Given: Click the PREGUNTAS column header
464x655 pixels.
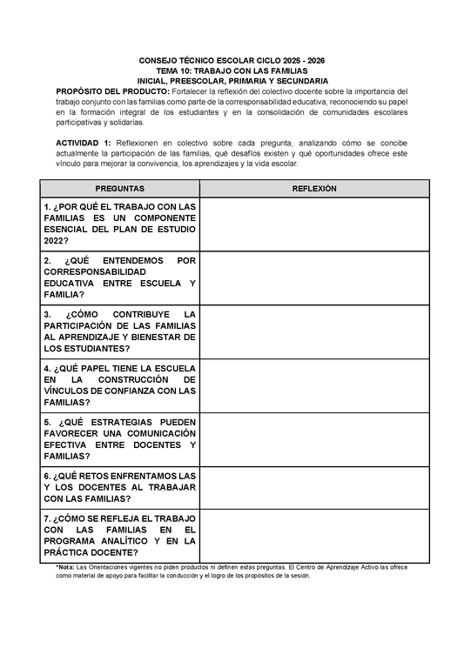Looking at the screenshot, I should point(119,188).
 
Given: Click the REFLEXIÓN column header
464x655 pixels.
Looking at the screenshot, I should point(314,188).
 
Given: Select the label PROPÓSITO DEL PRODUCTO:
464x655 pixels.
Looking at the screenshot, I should point(113,90).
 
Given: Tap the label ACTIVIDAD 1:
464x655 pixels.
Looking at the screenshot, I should point(83,142).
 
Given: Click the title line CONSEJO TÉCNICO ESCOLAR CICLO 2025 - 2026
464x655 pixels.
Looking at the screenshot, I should point(232,61).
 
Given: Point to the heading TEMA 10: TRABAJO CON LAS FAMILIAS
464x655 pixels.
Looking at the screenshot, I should point(232,70).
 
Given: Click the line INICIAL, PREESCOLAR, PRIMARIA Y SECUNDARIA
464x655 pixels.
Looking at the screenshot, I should point(232,80).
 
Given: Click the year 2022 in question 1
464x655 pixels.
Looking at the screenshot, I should point(57,241).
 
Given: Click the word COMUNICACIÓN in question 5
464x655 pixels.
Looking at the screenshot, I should point(151,432).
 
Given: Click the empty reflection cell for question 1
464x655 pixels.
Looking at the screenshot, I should point(314,224).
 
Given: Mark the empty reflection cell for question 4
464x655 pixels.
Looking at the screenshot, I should point(314,384).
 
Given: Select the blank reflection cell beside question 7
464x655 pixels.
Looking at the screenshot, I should point(314,535).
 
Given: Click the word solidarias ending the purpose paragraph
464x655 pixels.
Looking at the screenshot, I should point(123,123).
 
